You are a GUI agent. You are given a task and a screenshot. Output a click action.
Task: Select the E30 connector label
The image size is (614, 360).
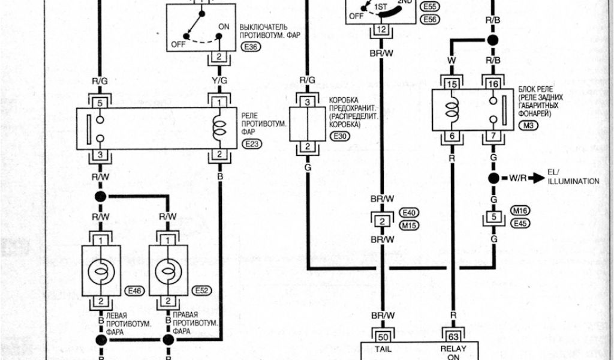(339, 137)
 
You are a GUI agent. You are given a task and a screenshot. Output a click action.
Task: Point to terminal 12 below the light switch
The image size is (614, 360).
(381, 31)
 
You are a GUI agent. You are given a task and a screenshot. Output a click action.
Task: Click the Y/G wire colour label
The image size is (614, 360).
(219, 81)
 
